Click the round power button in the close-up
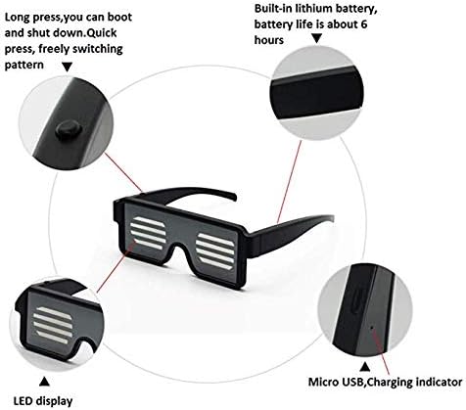pyautogui.click(x=68, y=129)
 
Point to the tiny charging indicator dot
pyautogui.click(x=372, y=327)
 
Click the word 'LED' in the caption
pyautogui.click(x=23, y=401)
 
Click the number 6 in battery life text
pyautogui.click(x=364, y=24)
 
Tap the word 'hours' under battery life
pyautogui.click(x=269, y=40)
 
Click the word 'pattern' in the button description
pyautogui.click(x=23, y=65)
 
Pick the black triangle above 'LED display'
pyautogui.click(x=44, y=382)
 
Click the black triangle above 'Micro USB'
pyautogui.click(x=365, y=367)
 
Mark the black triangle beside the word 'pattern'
pyautogui.click(x=68, y=67)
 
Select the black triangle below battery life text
pyautogui.click(x=316, y=39)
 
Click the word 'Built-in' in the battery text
pyautogui.click(x=273, y=9)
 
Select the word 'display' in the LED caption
pyautogui.click(x=54, y=401)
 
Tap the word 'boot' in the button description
pyautogui.click(x=119, y=17)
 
